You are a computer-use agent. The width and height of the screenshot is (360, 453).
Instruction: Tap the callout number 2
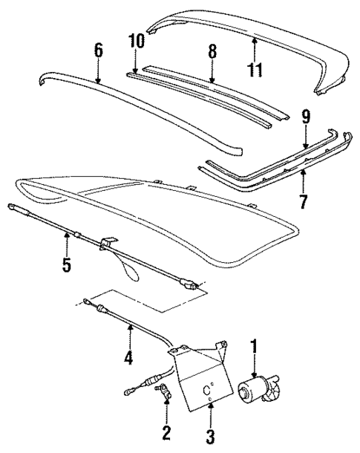pos(166,431)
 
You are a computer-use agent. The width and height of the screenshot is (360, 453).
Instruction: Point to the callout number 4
pos(128,357)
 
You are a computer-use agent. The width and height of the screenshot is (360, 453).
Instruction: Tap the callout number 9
pos(306,117)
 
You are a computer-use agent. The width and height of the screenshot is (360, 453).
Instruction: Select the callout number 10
pos(134,40)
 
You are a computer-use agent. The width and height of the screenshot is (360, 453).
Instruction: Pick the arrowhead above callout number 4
pos(129,327)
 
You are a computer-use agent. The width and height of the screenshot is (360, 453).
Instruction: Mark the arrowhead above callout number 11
pos(255,40)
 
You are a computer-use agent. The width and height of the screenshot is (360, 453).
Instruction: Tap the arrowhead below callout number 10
pos(134,71)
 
